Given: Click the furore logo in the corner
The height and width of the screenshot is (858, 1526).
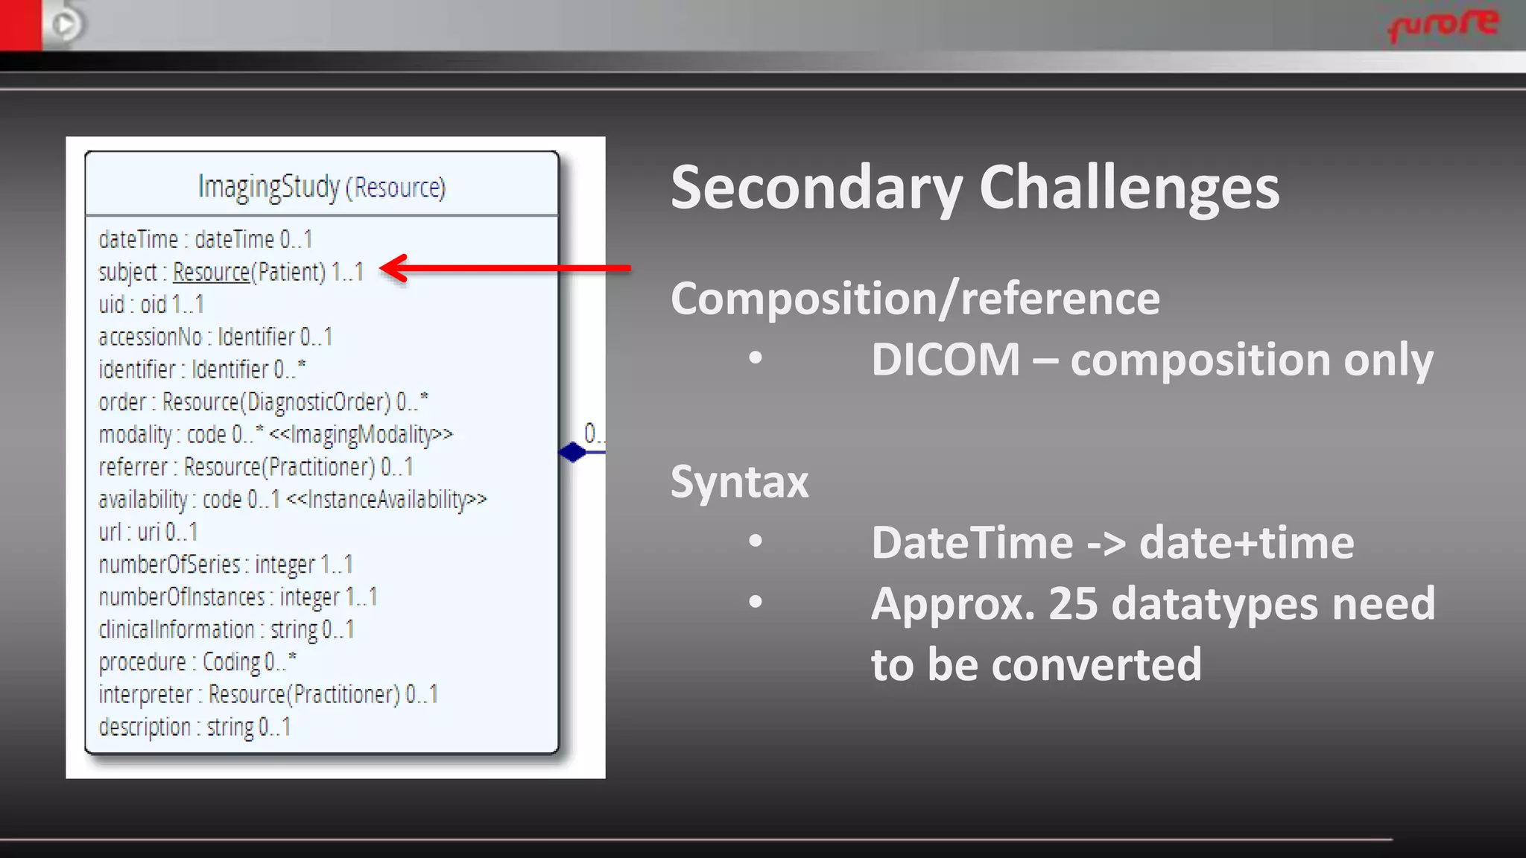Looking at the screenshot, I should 1443,25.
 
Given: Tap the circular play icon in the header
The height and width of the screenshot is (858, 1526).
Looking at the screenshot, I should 66,25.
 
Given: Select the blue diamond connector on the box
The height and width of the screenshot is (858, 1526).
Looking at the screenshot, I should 572,452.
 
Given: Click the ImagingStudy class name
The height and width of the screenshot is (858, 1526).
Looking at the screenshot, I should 269,186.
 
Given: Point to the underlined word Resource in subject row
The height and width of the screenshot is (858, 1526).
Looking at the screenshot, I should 211,272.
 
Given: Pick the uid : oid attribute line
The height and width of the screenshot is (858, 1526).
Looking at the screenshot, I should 151,305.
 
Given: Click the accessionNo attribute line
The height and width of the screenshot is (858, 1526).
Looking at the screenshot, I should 215,337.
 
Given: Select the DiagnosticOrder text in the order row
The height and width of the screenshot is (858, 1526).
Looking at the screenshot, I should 318,402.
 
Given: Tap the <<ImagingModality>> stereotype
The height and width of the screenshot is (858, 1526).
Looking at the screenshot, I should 361,434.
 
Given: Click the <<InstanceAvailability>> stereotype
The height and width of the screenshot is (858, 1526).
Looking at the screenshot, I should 387,499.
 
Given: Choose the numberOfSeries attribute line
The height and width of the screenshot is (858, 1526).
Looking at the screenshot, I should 226,565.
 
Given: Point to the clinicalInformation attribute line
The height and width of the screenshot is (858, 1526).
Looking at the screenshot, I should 227,629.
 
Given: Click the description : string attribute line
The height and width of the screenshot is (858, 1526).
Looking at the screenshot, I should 194,727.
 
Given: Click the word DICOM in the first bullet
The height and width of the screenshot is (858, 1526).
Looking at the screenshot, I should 946,360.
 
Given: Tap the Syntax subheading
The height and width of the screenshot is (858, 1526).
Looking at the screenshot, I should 739,482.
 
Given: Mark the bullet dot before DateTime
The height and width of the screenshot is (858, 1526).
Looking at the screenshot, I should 756,541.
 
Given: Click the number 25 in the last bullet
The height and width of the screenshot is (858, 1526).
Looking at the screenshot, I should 1073,603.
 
